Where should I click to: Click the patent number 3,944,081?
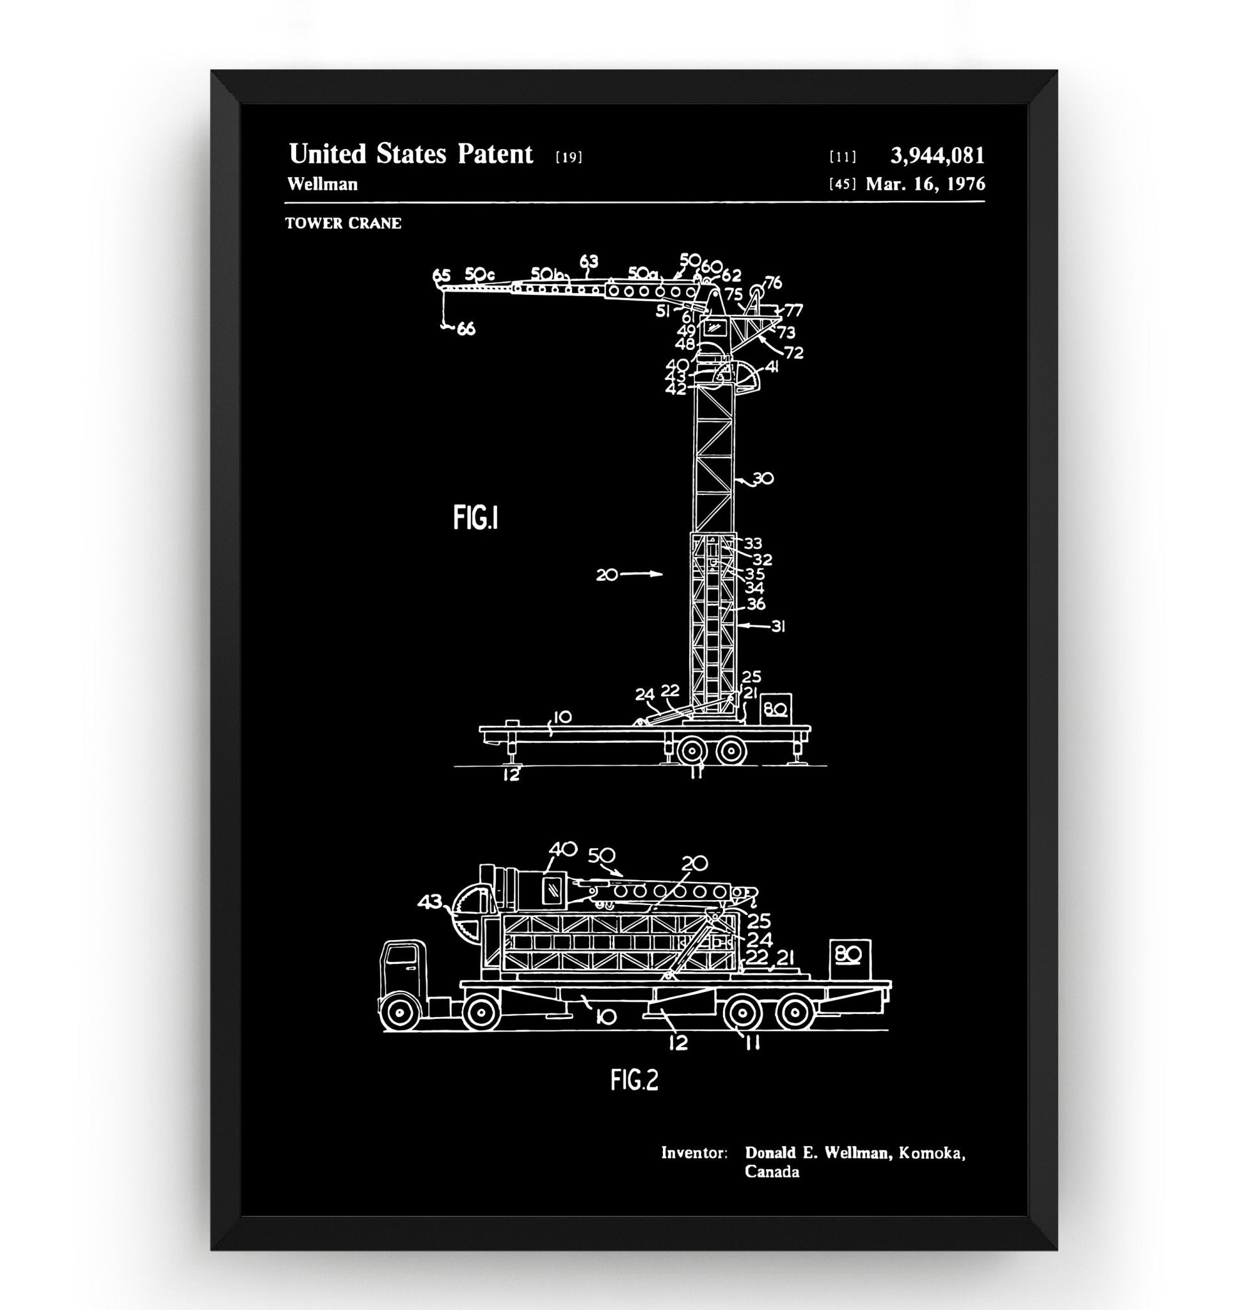pyautogui.click(x=937, y=156)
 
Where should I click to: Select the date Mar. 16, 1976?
pyautogui.click(x=925, y=184)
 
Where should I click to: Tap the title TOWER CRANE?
pyautogui.click(x=343, y=224)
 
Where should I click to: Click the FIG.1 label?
pyautogui.click(x=475, y=517)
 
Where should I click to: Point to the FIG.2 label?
pyautogui.click(x=634, y=1080)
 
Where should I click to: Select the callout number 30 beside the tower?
pyautogui.click(x=763, y=478)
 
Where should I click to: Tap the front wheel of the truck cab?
pyautogui.click(x=399, y=1013)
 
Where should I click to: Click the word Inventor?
pyautogui.click(x=694, y=1153)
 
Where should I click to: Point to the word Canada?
pyautogui.click(x=771, y=1172)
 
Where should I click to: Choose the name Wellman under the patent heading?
pyautogui.click(x=322, y=184)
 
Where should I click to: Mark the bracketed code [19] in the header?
pyautogui.click(x=569, y=157)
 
